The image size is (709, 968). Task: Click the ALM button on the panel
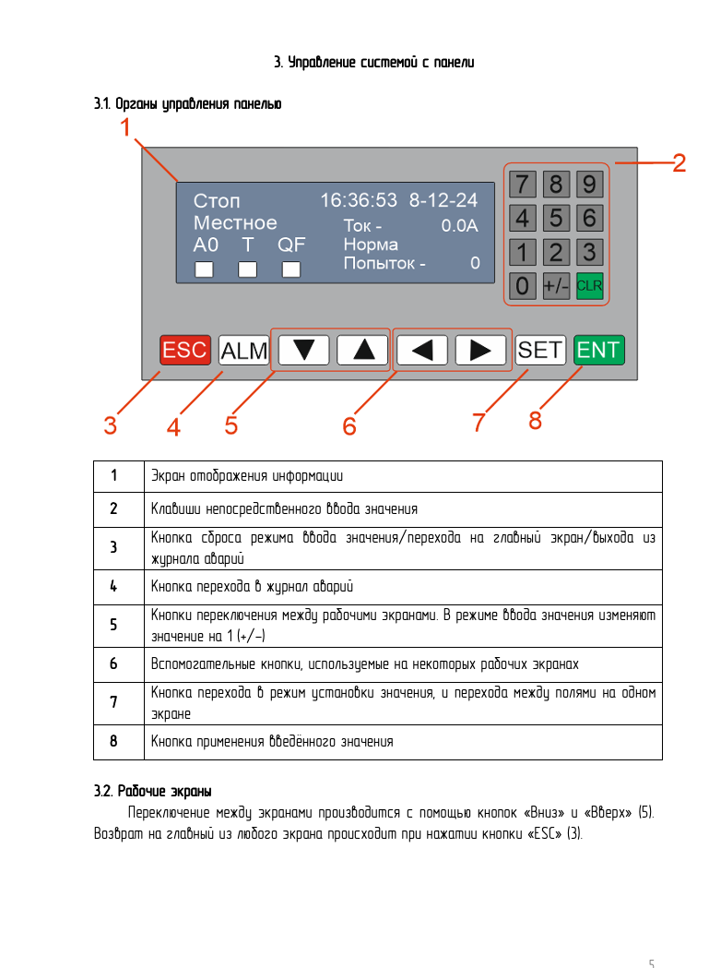tap(244, 350)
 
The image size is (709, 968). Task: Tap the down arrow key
tap(303, 350)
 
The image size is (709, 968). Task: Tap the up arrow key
tap(362, 350)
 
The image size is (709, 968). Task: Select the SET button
tap(540, 350)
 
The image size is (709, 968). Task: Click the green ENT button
tap(598, 350)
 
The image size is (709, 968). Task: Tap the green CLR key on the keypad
tap(589, 285)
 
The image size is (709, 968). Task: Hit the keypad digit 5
tap(556, 218)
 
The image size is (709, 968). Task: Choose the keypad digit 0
tap(523, 285)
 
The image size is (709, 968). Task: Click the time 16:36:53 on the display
tap(359, 200)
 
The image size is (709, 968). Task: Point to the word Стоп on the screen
tap(217, 201)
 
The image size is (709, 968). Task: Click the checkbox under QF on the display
tap(291, 269)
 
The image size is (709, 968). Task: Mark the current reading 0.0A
tap(460, 224)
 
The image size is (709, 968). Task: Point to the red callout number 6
tap(349, 426)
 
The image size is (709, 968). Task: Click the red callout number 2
tap(679, 164)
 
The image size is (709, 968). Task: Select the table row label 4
tap(113, 587)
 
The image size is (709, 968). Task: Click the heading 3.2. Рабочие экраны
tap(153, 791)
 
